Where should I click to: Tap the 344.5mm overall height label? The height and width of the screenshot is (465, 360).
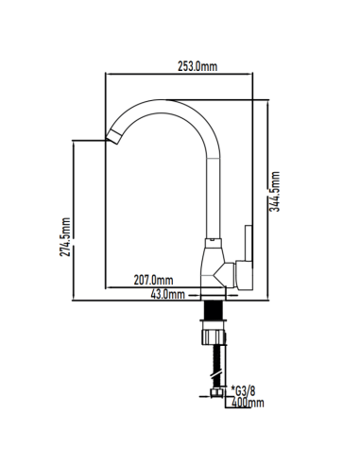tap(275, 193)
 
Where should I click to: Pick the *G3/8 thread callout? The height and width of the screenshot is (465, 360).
tap(243, 389)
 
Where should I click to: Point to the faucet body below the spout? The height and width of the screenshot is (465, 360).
tap(216, 267)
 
